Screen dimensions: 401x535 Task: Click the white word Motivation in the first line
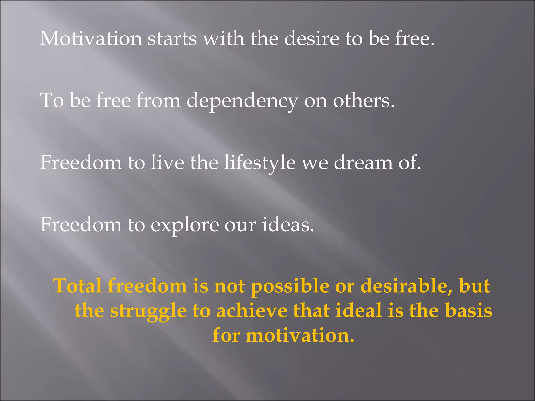91,39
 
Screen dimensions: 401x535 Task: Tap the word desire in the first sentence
312,39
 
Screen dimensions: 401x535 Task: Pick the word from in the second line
158,101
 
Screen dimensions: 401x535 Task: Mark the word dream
363,163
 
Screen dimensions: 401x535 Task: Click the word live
167,163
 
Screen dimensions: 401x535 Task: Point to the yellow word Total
77,286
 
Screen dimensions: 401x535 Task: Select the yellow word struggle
148,311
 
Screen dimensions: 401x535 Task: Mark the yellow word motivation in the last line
300,335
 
